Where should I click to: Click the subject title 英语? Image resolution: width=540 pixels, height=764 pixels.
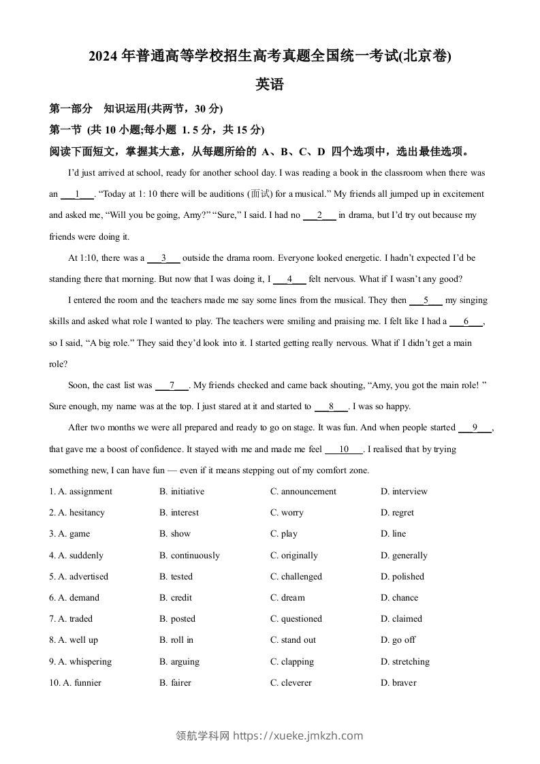click(270, 85)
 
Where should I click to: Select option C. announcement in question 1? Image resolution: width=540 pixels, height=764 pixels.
click(303, 492)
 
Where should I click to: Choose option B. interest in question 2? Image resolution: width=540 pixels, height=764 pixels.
click(179, 513)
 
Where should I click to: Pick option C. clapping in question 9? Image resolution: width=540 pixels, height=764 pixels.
click(292, 662)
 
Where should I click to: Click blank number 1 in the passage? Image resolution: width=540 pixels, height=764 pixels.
click(77, 194)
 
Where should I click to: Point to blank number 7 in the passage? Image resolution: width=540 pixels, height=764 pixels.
click(172, 385)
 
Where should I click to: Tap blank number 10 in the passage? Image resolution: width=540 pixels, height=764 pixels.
click(344, 449)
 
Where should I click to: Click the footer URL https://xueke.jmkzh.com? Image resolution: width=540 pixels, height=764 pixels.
click(298, 735)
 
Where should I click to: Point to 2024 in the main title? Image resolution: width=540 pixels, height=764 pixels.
click(103, 57)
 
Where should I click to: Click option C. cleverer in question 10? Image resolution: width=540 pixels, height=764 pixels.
click(291, 683)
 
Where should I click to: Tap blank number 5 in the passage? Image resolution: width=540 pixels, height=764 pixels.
click(426, 300)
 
